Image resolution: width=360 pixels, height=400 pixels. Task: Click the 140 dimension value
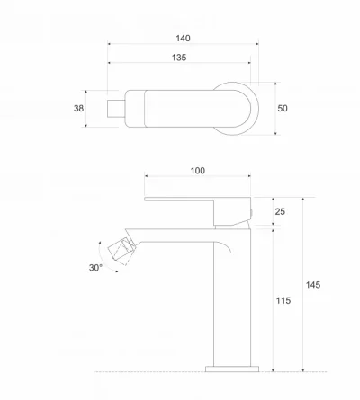183,39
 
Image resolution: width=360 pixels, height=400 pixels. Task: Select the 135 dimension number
179,58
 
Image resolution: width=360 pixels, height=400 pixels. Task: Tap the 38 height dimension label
78,108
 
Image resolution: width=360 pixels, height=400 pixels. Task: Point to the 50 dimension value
283,108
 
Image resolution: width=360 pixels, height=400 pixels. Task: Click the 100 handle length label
198,171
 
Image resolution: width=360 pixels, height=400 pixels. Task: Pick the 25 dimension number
280,211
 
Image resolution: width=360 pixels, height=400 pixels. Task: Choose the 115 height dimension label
283,300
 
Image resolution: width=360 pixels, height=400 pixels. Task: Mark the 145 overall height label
313,285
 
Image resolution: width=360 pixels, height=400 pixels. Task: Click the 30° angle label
95,268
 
